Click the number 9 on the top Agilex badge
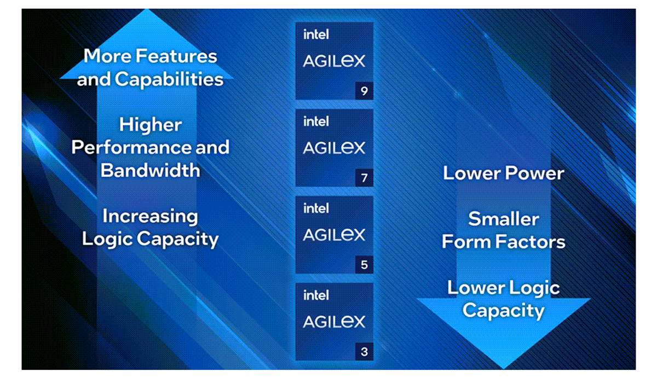pyautogui.click(x=364, y=91)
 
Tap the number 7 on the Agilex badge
pyautogui.click(x=364, y=178)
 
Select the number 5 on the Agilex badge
pyautogui.click(x=364, y=265)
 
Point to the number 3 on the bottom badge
pyautogui.click(x=364, y=352)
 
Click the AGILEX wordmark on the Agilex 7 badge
pyautogui.click(x=333, y=148)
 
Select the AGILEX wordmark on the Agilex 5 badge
pyautogui.click(x=333, y=235)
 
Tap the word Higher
pyautogui.click(x=151, y=125)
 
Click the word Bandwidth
pyautogui.click(x=151, y=170)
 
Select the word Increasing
pyautogui.click(x=151, y=216)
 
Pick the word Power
pyautogui.click(x=534, y=173)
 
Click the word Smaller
pyautogui.click(x=503, y=219)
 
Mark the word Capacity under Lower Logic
pyautogui.click(x=503, y=311)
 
